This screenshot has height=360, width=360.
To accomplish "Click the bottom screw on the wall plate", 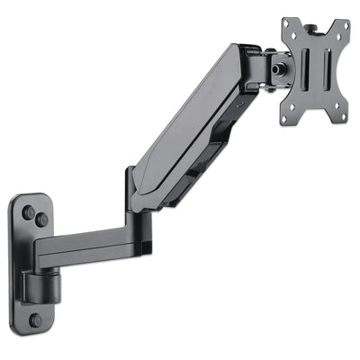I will pos(34,319).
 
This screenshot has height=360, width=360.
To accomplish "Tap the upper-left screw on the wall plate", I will pos(28,213).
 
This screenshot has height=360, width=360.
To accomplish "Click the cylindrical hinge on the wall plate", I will pos(39,285).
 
